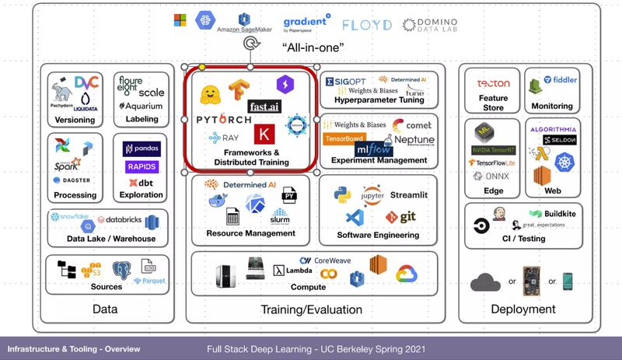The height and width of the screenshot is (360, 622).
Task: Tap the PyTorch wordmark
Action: point(224,120)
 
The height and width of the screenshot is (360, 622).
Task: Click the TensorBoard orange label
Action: point(344,139)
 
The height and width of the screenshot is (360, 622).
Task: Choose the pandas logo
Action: point(142,149)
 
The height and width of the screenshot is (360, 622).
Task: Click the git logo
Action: point(402,216)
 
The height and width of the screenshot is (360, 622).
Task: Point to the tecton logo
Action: point(494,83)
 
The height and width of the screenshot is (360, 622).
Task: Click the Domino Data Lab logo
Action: point(430,25)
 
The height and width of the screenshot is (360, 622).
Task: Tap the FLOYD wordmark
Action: point(366,25)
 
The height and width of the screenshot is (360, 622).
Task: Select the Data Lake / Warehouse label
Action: point(111,239)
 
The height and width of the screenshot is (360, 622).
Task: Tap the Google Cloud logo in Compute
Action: point(406,273)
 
